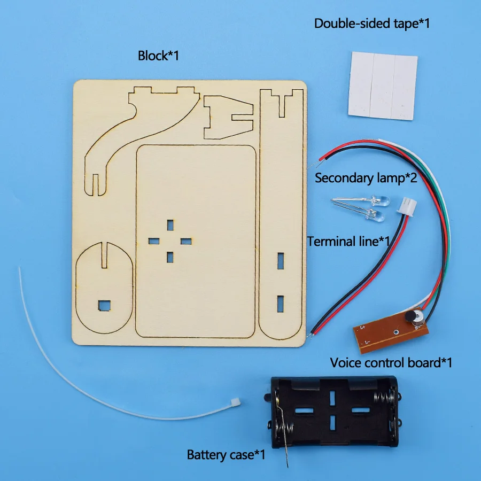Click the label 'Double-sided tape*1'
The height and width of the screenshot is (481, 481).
(371, 24)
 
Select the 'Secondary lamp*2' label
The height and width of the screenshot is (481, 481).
(366, 177)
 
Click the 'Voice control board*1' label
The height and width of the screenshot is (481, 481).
(391, 363)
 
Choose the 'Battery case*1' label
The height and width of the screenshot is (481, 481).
(226, 455)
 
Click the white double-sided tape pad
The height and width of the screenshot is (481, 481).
(382, 84)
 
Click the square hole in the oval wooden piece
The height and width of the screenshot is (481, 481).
(102, 305)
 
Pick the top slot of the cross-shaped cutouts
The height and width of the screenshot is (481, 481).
(170, 224)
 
